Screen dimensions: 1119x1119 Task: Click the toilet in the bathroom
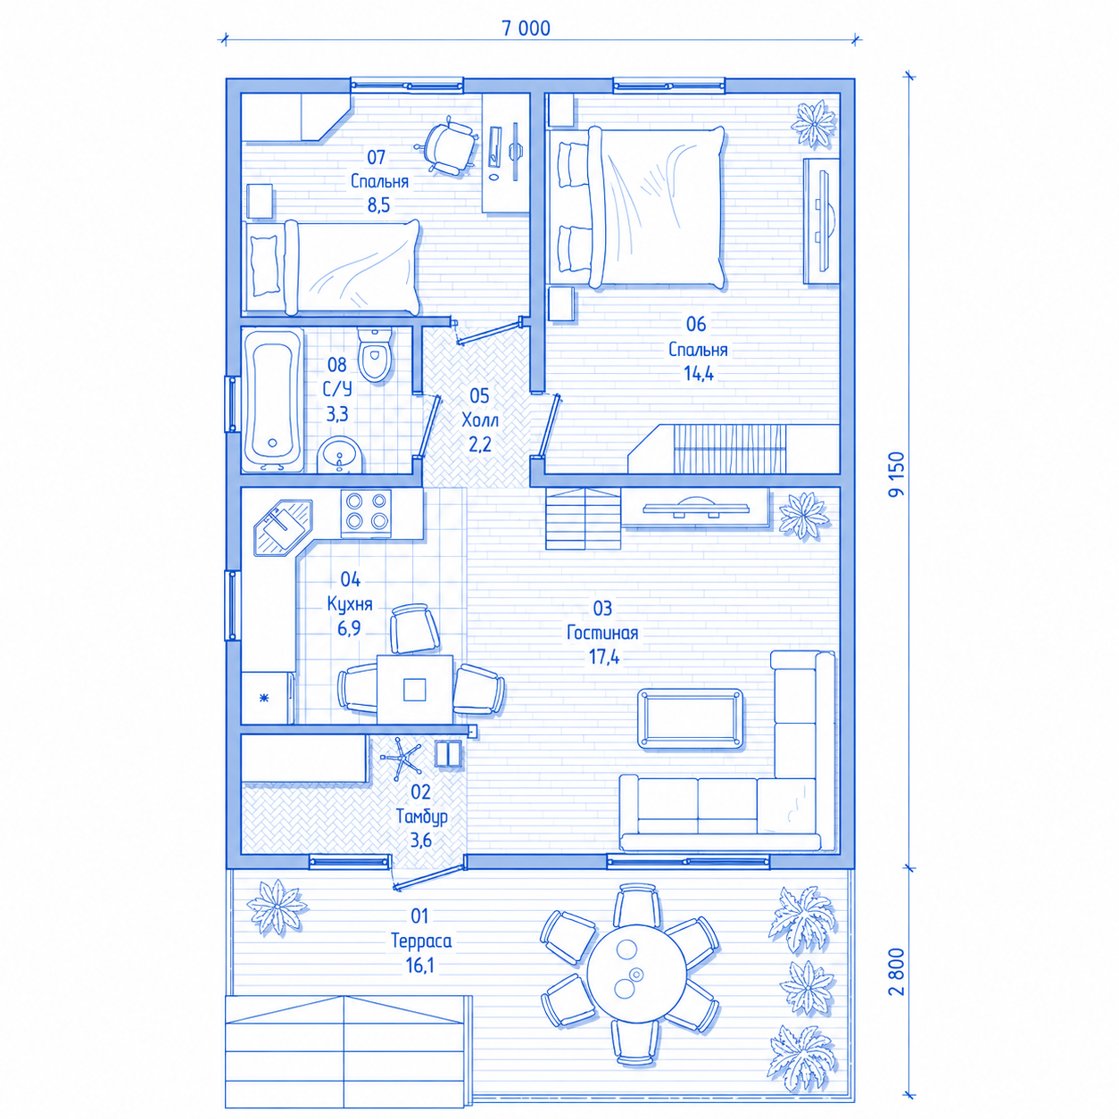[x=374, y=353]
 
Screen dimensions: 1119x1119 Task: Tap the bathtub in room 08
[x=272, y=400]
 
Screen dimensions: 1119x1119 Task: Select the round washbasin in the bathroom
[x=340, y=455]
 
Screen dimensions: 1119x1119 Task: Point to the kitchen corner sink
[x=283, y=527]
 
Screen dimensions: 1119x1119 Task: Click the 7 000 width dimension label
[x=526, y=29]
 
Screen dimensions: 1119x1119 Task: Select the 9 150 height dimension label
[x=896, y=475]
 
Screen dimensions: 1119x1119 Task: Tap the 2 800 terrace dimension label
[x=896, y=972]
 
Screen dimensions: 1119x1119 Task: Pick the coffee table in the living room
[x=690, y=718]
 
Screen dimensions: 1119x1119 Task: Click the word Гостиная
[x=602, y=633]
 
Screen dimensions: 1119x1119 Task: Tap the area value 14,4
[x=699, y=373]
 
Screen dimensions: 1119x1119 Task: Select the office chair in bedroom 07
[x=449, y=144]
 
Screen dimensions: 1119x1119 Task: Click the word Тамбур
[x=421, y=816]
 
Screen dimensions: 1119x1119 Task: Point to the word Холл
[x=480, y=419]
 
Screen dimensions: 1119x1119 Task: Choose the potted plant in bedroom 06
[x=815, y=124]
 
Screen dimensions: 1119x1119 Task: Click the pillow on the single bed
[x=265, y=265]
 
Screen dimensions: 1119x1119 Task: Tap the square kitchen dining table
[x=415, y=689]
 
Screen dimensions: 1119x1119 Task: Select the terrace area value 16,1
[x=419, y=966]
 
